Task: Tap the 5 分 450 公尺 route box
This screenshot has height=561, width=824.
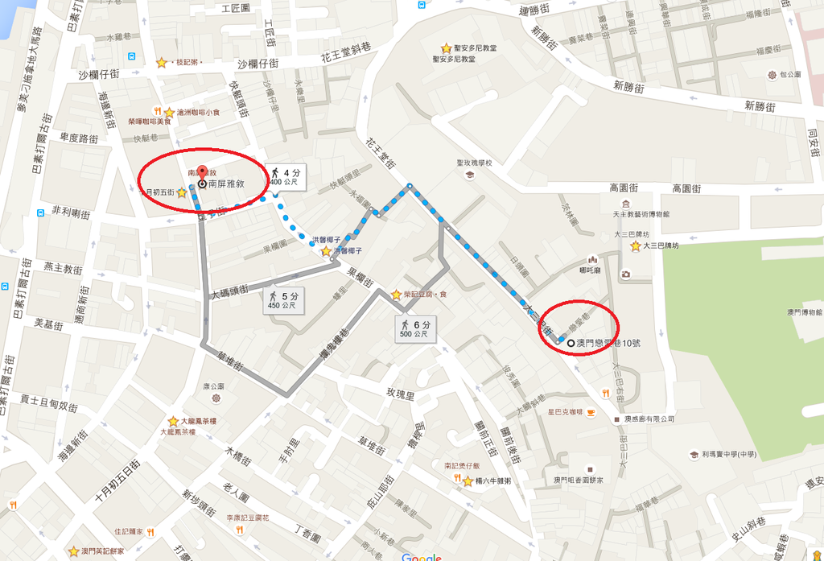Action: click(x=283, y=300)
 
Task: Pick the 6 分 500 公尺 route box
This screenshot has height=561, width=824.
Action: click(x=414, y=328)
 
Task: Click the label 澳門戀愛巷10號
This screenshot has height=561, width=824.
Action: click(x=613, y=344)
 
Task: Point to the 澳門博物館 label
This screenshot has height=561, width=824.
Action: click(x=804, y=311)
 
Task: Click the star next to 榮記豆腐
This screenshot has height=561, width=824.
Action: click(x=396, y=295)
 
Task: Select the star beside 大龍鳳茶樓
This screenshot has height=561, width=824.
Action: click(x=173, y=421)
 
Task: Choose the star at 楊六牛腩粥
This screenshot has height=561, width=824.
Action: click(x=468, y=481)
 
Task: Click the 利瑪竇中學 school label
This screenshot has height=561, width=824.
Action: click(x=728, y=455)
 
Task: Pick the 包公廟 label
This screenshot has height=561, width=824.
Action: click(x=790, y=74)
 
